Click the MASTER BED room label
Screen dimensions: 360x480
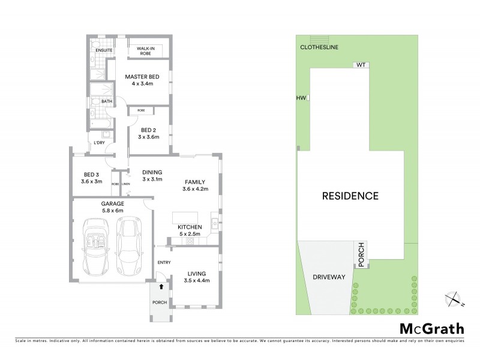pos(142,77)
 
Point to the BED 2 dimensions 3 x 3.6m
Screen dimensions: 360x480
pos(148,137)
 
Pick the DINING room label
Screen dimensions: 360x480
pos(152,173)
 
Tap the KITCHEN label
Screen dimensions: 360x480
pos(190,226)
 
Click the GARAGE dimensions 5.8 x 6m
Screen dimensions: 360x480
pos(112,211)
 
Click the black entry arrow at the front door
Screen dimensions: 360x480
pos(161,287)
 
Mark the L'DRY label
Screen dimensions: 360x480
pos(100,143)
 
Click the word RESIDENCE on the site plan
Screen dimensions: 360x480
pos(351,196)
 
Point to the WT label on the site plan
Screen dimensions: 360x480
pos(361,65)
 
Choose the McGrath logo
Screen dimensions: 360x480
pos(431,328)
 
